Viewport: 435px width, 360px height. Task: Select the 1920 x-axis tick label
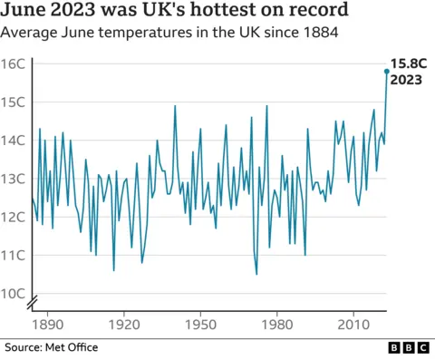(123, 324)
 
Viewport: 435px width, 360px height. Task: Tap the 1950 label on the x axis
(199, 324)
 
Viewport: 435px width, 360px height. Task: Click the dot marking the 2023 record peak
(386, 71)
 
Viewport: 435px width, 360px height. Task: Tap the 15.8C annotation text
(408, 63)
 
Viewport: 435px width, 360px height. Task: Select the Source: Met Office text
(51, 347)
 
